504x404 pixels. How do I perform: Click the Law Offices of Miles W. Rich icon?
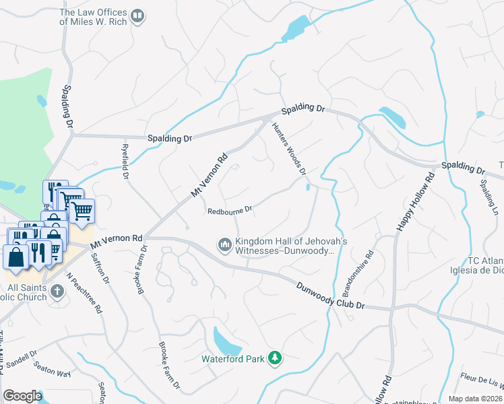tap(137, 15)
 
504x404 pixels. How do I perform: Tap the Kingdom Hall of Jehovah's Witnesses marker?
tap(225, 243)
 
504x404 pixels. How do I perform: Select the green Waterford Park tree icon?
tap(275, 357)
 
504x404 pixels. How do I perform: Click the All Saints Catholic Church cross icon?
tap(57, 292)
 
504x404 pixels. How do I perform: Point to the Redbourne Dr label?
tap(230, 210)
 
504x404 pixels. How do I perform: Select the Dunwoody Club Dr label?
tap(330, 296)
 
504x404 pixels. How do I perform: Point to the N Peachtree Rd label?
tap(84, 294)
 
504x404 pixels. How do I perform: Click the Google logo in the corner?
tap(22, 396)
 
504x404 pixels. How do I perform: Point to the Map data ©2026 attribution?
tap(476, 399)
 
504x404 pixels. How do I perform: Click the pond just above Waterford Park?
tap(226, 340)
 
